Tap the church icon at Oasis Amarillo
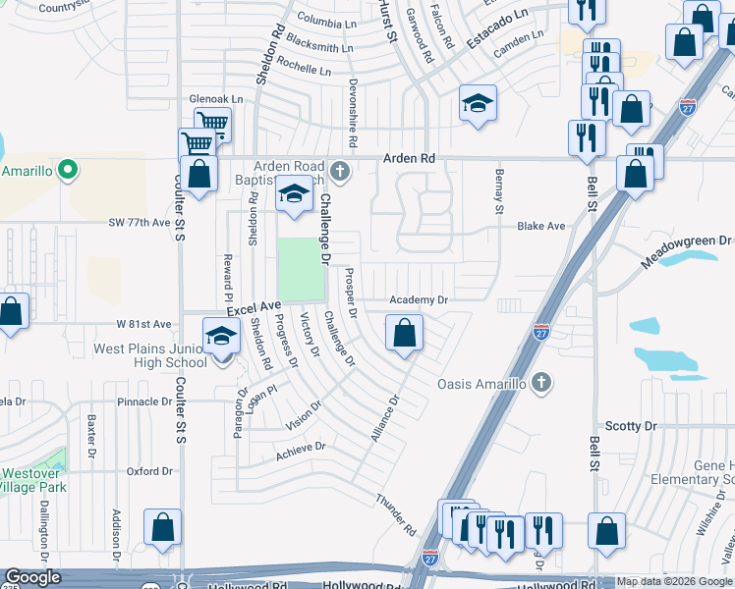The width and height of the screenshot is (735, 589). click(540, 383)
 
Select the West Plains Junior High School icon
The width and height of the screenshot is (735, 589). click(221, 337)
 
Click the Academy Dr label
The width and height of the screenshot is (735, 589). click(419, 299)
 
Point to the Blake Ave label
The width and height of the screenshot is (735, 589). click(541, 226)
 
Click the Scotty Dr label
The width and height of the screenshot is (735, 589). click(630, 426)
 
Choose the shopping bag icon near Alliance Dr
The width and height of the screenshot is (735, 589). click(404, 334)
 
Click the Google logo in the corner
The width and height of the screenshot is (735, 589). click(32, 578)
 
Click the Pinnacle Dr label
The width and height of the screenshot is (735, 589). click(144, 402)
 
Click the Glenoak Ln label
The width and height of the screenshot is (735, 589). click(215, 99)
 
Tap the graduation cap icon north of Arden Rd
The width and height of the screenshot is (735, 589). click(478, 103)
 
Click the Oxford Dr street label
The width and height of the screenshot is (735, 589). click(148, 471)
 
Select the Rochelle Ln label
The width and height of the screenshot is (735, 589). click(304, 70)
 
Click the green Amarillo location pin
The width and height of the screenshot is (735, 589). click(67, 171)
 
